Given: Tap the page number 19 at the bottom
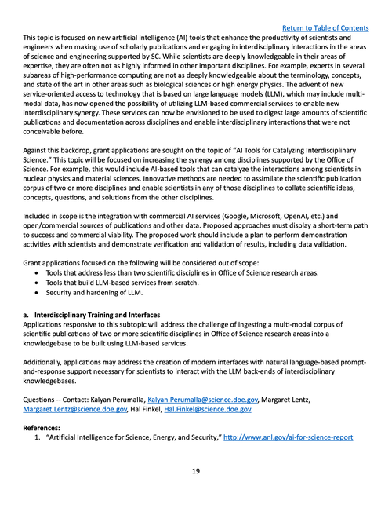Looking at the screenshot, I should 196,471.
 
